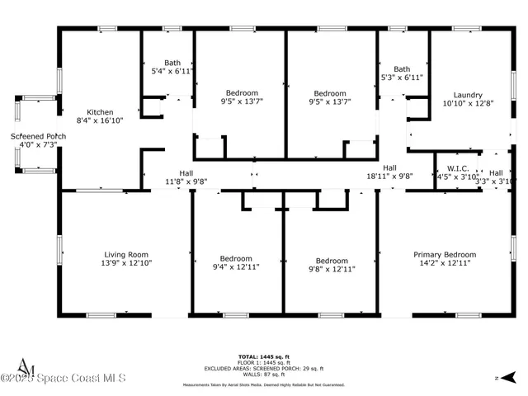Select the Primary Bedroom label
click(445, 255)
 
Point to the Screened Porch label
click(38, 136)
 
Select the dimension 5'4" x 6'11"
click(172, 72)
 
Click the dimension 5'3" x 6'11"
click(402, 78)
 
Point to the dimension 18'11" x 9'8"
click(389, 176)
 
